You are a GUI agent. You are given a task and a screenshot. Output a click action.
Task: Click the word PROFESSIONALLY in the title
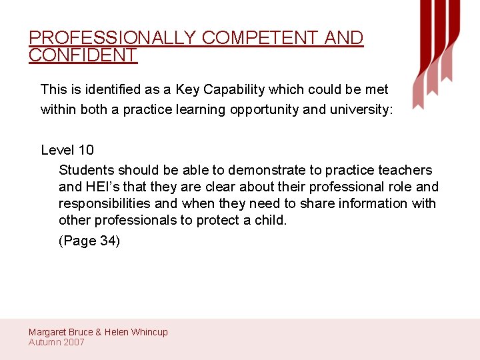pos(112,38)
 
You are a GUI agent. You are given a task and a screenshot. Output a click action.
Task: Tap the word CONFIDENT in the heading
pos(83,55)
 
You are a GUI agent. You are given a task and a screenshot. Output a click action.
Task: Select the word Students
pos(86,170)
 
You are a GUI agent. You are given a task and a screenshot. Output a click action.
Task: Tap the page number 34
pos(108,241)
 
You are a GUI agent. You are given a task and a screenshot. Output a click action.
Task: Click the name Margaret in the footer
pos(49,332)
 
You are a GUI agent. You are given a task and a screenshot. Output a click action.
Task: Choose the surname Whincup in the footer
pos(150,332)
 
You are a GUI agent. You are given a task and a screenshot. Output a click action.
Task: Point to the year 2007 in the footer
pos(73,342)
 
